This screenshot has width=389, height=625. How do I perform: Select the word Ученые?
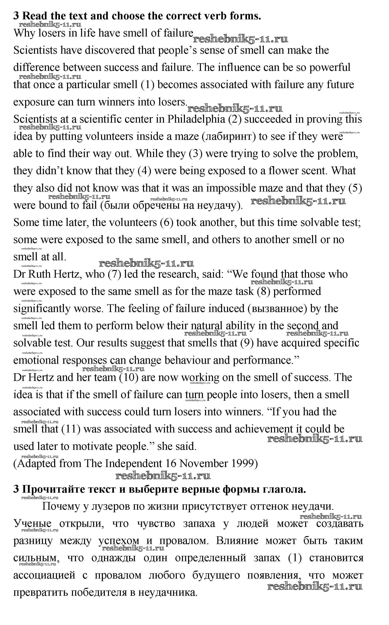(x=32, y=524)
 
